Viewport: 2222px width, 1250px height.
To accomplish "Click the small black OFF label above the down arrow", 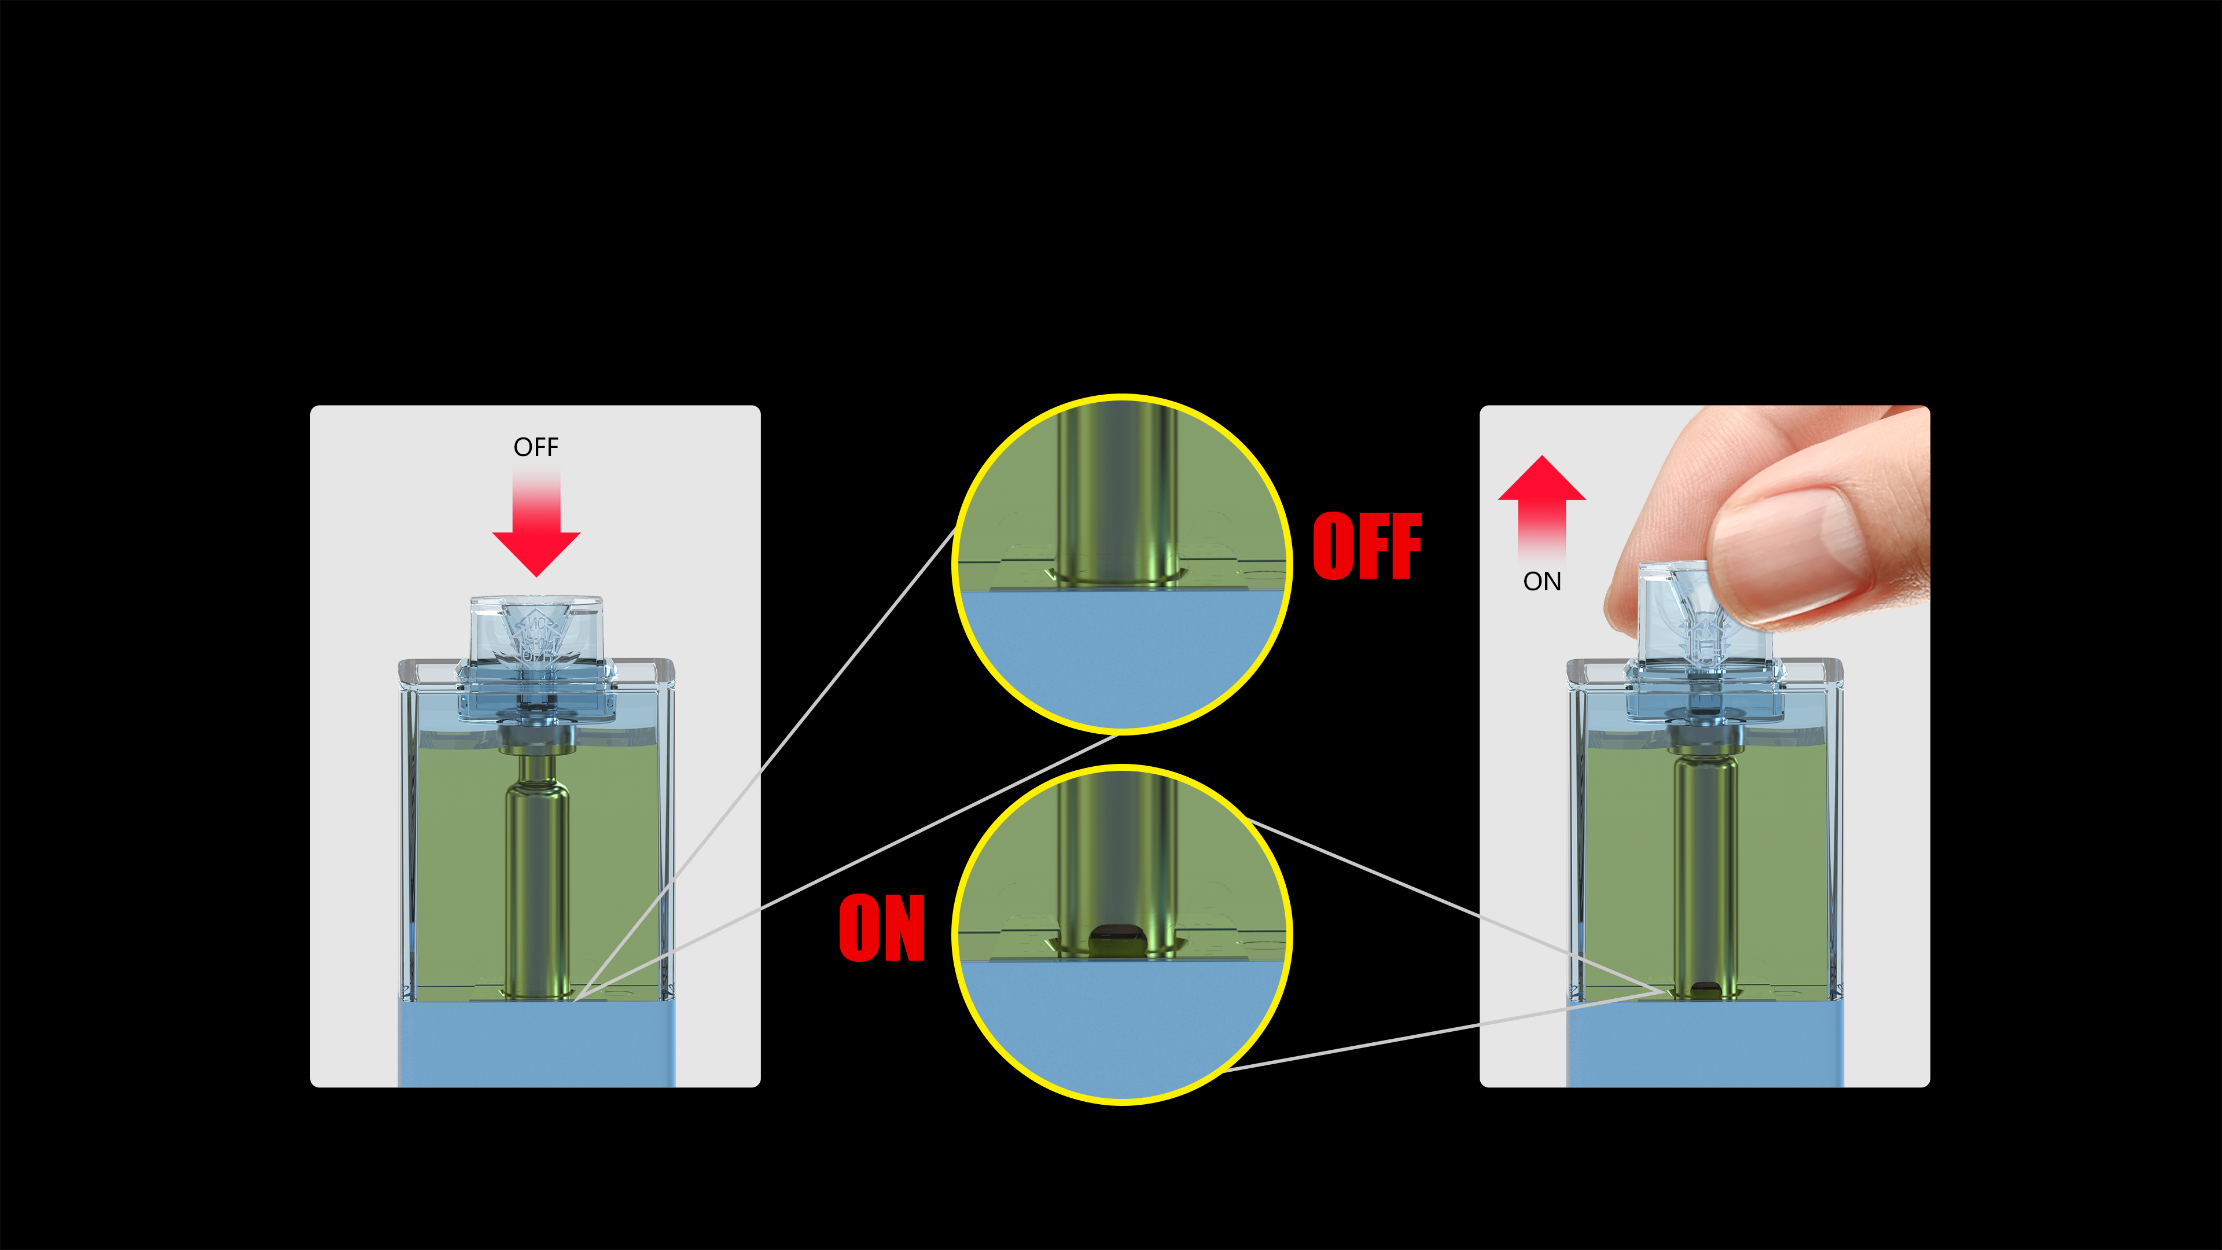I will pos(536,447).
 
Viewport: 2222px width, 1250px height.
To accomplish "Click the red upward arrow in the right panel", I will pos(1542,501).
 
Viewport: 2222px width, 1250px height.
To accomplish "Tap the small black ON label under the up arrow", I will pos(1542,582).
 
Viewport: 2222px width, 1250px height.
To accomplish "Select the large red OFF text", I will pos(1367,546).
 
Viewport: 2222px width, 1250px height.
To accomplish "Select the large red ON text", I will pos(881,929).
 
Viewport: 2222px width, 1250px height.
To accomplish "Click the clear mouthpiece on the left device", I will pos(536,630).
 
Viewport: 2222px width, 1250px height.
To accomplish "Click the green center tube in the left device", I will pos(536,880).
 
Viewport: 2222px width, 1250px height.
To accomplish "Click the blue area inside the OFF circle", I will pos(1121,656).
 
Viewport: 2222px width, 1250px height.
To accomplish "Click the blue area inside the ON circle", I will pos(1121,1027).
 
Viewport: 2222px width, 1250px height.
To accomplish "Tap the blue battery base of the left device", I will pos(536,1044).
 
